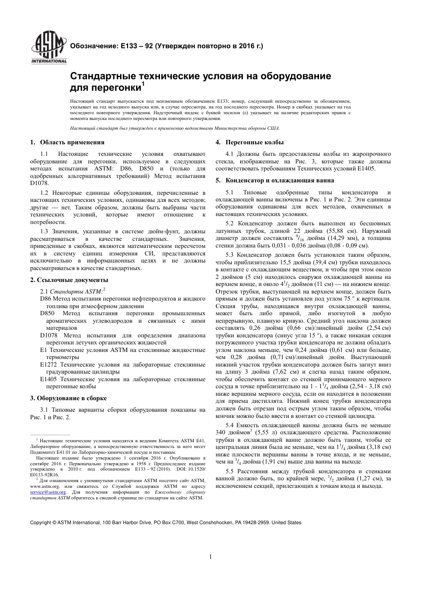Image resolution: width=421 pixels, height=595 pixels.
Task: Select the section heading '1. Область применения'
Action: (x=67, y=142)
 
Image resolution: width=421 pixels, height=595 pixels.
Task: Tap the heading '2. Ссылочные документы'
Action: (x=69, y=280)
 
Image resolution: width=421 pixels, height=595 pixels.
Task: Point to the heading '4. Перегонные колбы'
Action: (x=249, y=142)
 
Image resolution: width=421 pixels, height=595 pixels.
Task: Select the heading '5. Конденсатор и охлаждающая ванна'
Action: (x=275, y=180)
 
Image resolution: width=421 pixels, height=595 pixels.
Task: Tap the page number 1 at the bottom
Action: (x=210, y=556)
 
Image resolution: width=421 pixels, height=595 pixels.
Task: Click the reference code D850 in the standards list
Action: (x=47, y=313)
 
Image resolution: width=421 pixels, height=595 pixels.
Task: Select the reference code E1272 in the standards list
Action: (x=48, y=364)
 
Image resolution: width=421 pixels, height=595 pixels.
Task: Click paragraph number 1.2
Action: (x=44, y=193)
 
